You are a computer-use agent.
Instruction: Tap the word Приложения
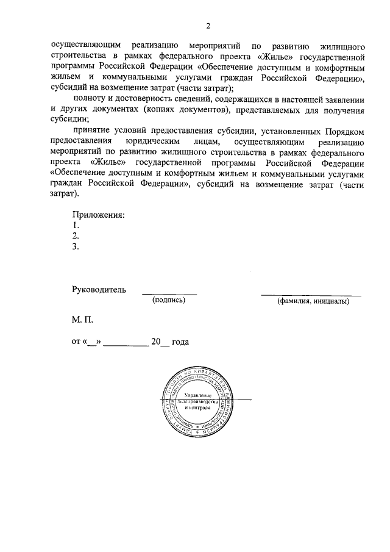tap(99, 215)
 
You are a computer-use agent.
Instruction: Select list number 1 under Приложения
tap(75, 225)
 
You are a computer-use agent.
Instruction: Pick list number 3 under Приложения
tap(75, 246)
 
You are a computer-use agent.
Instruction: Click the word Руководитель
tap(99, 289)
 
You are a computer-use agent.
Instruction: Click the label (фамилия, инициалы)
tap(312, 301)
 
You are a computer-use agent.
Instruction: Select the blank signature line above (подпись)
tap(169, 294)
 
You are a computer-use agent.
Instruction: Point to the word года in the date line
tap(180, 342)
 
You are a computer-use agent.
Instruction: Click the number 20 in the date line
tap(156, 342)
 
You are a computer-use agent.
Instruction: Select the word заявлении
tap(344, 99)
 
